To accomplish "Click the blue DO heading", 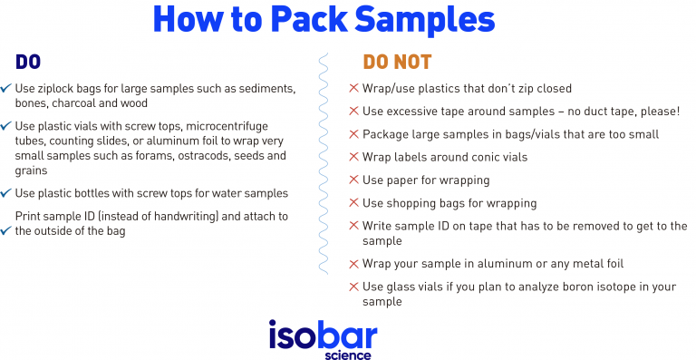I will pyautogui.click(x=28, y=63).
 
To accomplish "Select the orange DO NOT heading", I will pyautogui.click(x=397, y=63).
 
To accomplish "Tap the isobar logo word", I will pyautogui.click(x=323, y=335).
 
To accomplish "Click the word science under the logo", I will pyautogui.click(x=348, y=355).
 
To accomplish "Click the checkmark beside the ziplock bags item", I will pyautogui.click(x=6, y=89).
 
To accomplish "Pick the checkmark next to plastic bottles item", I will pyautogui.click(x=6, y=193).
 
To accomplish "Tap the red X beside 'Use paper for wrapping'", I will pyautogui.click(x=354, y=180).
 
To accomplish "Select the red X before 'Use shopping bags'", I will pyautogui.click(x=354, y=203).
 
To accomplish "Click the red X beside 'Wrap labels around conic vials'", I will pyautogui.click(x=354, y=157).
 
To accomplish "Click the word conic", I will pyautogui.click(x=482, y=157).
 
